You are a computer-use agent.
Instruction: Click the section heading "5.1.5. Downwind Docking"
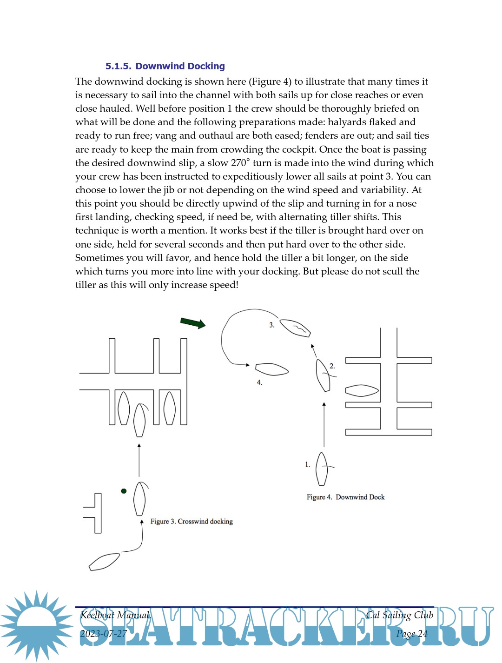(x=165, y=66)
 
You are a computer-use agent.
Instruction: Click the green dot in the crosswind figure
(x=124, y=491)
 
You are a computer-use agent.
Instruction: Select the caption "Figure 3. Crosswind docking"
(x=192, y=522)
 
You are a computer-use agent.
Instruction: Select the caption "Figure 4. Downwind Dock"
(x=345, y=497)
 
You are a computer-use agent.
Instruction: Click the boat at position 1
(x=322, y=469)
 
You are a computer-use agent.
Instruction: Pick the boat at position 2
(x=323, y=375)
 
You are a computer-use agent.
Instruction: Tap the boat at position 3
(x=295, y=328)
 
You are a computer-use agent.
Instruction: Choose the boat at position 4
(x=272, y=369)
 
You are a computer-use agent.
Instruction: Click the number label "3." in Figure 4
(x=272, y=325)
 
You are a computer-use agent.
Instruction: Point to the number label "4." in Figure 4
(x=259, y=382)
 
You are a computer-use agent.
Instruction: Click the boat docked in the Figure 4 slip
(x=362, y=391)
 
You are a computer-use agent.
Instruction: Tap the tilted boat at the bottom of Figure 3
(x=104, y=562)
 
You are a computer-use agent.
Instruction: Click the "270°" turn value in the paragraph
(x=240, y=163)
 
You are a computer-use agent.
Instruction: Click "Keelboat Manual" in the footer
(x=115, y=615)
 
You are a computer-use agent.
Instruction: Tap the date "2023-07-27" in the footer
(x=103, y=634)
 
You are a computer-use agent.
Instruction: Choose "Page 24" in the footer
(x=412, y=634)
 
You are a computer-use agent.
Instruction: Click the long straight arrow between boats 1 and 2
(x=324, y=424)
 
